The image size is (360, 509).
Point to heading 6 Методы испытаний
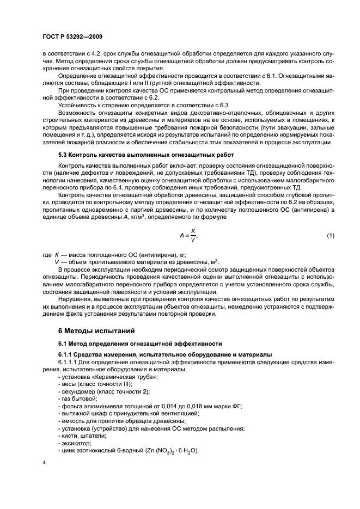[95, 330]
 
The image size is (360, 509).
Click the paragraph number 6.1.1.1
[68, 362]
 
